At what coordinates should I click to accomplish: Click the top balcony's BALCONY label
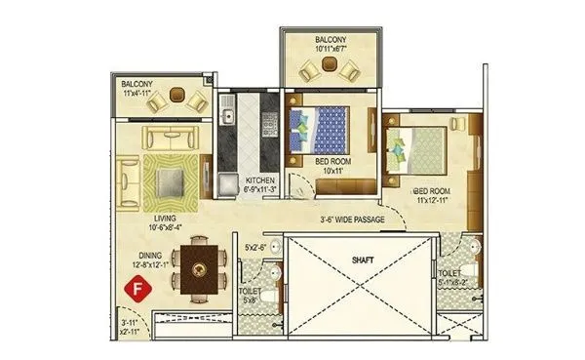(x=330, y=40)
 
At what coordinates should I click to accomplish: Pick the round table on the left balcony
(x=178, y=96)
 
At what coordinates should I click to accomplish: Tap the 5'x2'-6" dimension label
(x=254, y=249)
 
